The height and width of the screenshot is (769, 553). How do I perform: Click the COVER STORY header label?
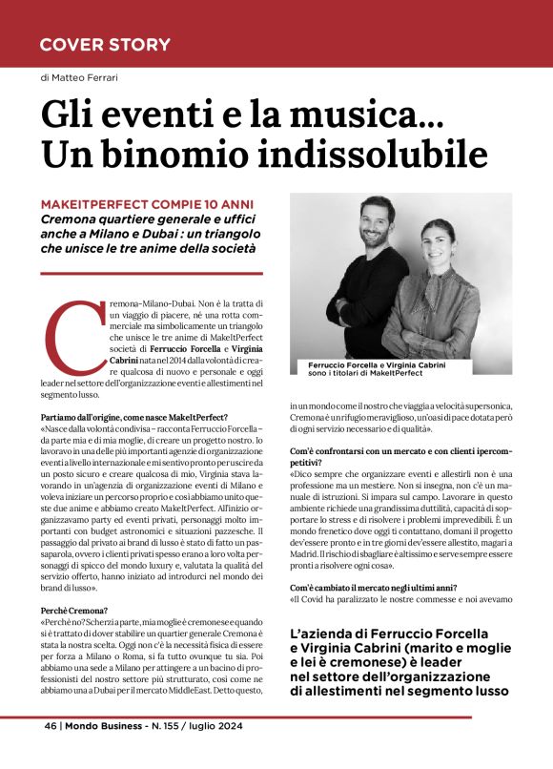point(105,45)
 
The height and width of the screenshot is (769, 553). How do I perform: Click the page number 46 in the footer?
point(50,725)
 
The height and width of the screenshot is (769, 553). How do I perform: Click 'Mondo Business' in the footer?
point(102,725)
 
